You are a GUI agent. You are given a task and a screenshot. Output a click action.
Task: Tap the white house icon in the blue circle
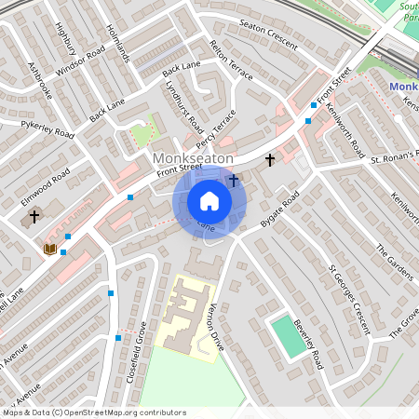coord(209,201)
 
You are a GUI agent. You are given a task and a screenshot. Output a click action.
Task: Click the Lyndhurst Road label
coord(183,110)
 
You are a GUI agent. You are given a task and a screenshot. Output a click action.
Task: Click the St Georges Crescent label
coord(349,299)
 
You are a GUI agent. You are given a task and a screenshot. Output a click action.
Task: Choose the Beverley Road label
coord(307,345)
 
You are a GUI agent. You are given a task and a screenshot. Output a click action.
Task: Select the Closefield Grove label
coord(137,352)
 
